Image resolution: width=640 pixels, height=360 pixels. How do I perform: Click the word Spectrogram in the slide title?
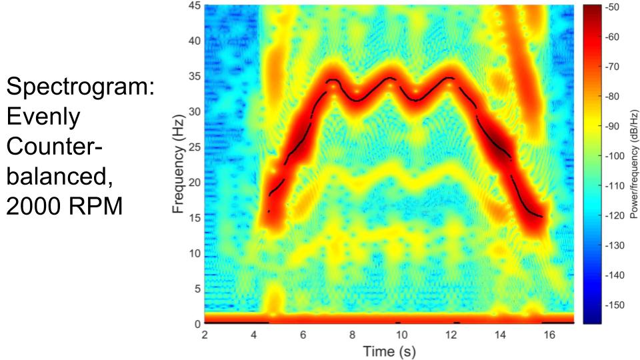coord(80,88)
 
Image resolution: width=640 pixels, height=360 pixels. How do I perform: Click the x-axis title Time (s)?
coord(389,351)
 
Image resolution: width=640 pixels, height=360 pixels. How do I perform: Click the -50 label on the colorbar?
coord(611,7)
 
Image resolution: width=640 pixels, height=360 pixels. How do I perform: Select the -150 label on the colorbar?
coord(613,305)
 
